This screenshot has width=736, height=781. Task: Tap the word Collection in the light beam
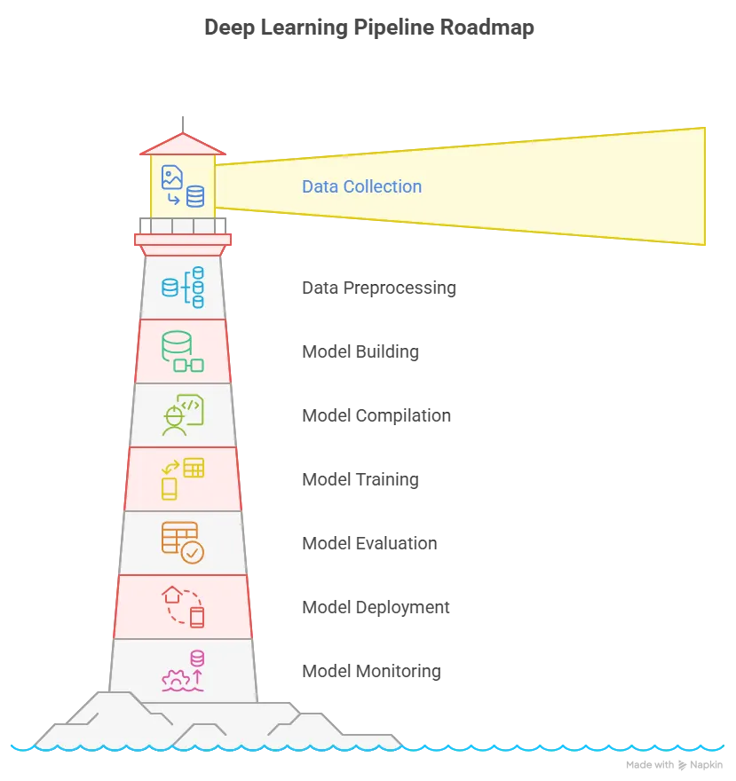[380, 187]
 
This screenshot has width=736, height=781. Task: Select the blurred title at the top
[368, 28]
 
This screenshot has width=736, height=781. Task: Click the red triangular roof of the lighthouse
[182, 145]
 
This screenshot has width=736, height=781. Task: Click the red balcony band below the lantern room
[183, 240]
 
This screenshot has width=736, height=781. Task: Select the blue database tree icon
[183, 288]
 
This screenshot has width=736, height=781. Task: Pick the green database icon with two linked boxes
[183, 351]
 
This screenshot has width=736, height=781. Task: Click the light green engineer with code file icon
[183, 415]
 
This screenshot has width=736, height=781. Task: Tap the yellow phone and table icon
[183, 479]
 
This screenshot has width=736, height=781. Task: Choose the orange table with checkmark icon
[183, 543]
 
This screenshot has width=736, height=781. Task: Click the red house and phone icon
[183, 607]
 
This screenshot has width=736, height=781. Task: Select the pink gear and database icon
[183, 671]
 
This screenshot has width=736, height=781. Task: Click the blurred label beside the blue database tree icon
[379, 288]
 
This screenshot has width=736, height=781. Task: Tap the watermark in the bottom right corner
[674, 765]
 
